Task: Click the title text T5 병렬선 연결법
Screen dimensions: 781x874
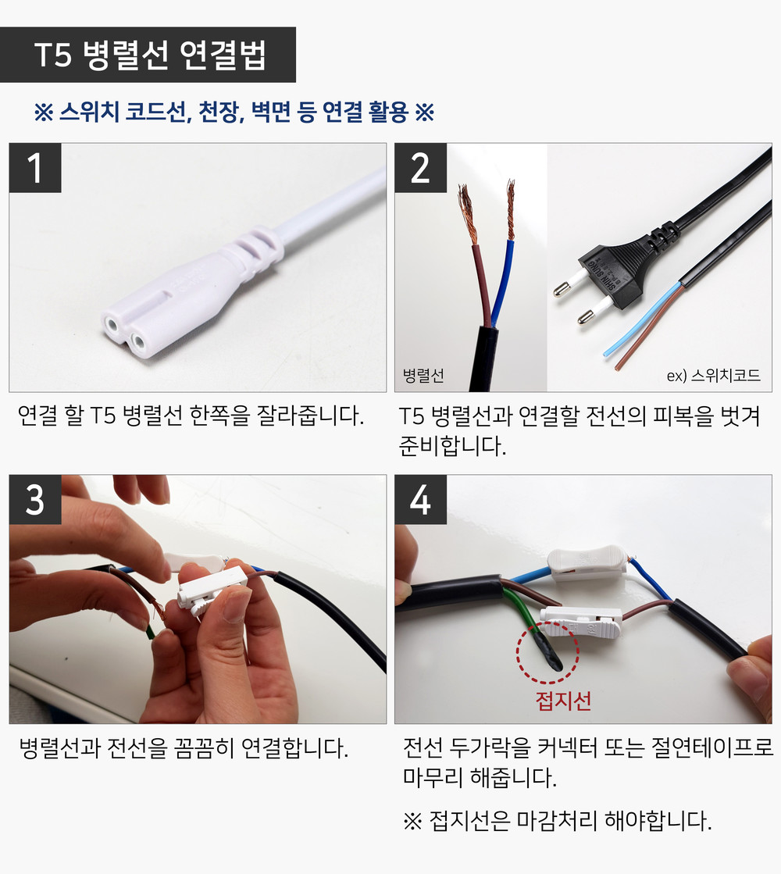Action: (x=151, y=55)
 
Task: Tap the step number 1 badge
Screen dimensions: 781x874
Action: (x=35, y=168)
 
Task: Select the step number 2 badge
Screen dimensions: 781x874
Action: (x=420, y=168)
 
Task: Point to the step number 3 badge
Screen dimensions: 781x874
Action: (x=35, y=499)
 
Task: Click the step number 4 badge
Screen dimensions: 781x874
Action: (x=420, y=499)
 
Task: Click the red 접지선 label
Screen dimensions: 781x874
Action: (x=563, y=700)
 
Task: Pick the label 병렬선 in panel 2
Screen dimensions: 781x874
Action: (x=423, y=375)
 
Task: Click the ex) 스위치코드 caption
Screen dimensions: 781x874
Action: (x=714, y=375)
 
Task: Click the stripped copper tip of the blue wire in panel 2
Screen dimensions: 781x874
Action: (x=510, y=209)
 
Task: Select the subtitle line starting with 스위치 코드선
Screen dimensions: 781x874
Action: (x=234, y=112)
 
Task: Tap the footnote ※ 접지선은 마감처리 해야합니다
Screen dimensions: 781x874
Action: (x=558, y=820)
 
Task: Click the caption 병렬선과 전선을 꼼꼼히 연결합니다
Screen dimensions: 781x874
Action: (x=184, y=748)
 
